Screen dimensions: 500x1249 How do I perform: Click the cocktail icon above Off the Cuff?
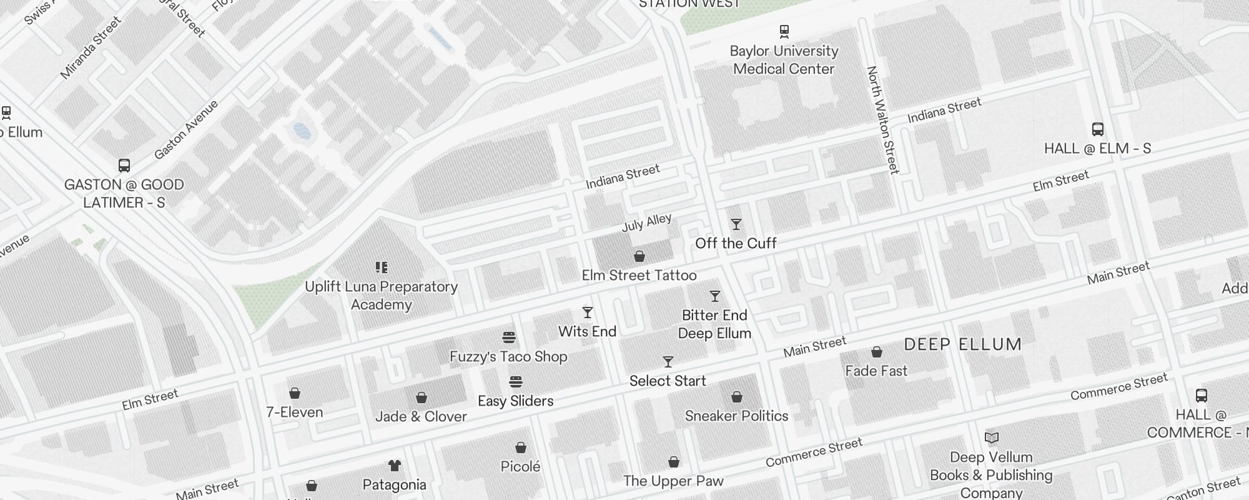(x=736, y=224)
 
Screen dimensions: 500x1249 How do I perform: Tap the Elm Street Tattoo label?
(x=639, y=275)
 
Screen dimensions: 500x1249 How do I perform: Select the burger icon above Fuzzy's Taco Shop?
(x=509, y=338)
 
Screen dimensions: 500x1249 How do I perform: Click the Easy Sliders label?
(x=515, y=401)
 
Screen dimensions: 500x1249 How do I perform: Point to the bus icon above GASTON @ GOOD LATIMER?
(x=124, y=166)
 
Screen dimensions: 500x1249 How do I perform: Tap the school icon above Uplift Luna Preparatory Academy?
(x=382, y=267)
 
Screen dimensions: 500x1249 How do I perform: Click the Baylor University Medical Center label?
(x=784, y=60)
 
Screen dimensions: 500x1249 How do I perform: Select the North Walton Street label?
(x=882, y=120)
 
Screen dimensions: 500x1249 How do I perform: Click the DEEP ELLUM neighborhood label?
(x=962, y=344)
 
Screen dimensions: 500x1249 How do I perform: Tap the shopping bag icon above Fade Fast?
(x=877, y=352)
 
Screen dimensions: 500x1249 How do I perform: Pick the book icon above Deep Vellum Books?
(x=992, y=438)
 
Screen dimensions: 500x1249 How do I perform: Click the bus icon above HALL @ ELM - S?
(x=1098, y=129)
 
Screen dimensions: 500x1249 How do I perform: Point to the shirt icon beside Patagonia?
(x=394, y=466)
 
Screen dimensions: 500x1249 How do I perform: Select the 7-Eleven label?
(x=295, y=412)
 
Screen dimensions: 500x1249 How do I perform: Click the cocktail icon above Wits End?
(x=588, y=312)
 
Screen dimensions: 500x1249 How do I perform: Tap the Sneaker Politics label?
(x=736, y=416)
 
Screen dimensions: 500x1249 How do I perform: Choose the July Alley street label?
(x=646, y=222)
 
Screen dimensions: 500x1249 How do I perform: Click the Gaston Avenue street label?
(x=186, y=129)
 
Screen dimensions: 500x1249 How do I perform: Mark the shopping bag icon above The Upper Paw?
(x=674, y=462)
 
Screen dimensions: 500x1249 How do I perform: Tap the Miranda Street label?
(x=91, y=49)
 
